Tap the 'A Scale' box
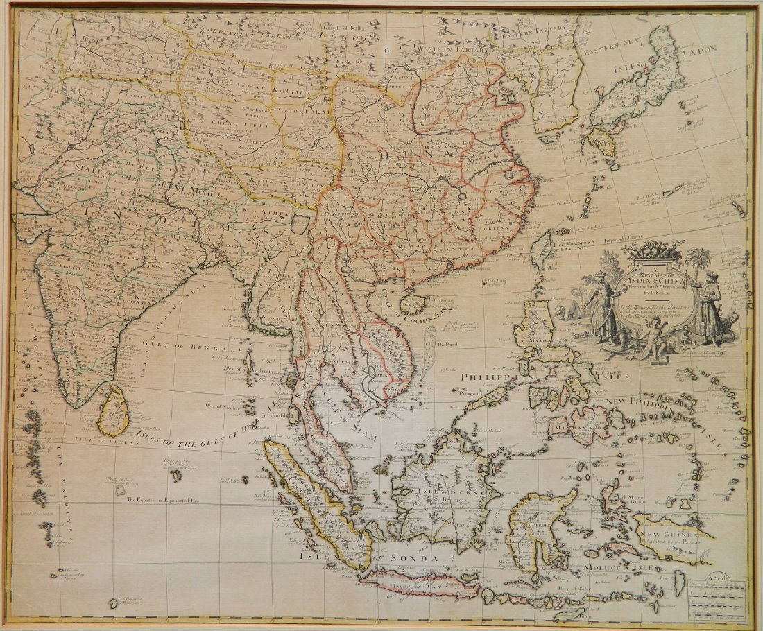point(718,593)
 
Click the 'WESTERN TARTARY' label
point(452,50)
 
